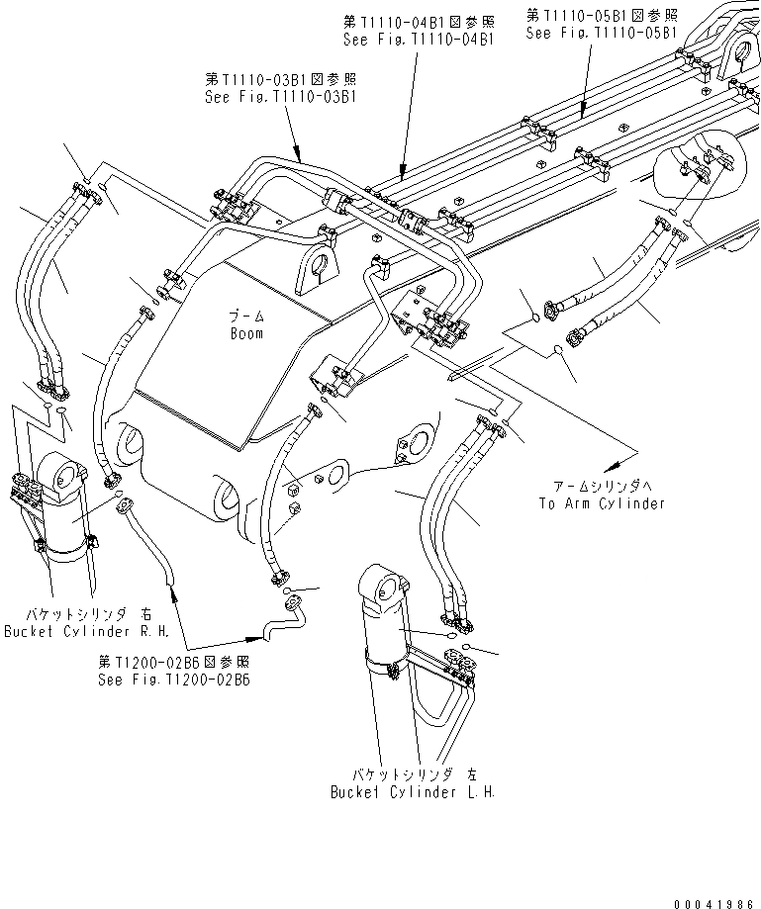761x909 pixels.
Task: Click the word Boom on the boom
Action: coord(246,334)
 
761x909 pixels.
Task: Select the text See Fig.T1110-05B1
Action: coord(602,33)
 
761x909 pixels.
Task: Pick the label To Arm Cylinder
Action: coord(602,503)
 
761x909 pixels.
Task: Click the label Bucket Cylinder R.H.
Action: coord(86,630)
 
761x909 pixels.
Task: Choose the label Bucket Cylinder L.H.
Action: coord(414,791)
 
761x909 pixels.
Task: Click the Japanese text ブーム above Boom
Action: coord(246,318)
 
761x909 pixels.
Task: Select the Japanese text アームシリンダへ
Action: coord(602,487)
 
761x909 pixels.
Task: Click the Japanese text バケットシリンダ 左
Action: coord(414,774)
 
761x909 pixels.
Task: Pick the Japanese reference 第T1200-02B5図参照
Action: coord(173,662)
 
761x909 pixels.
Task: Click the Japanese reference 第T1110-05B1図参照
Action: coord(601,15)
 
